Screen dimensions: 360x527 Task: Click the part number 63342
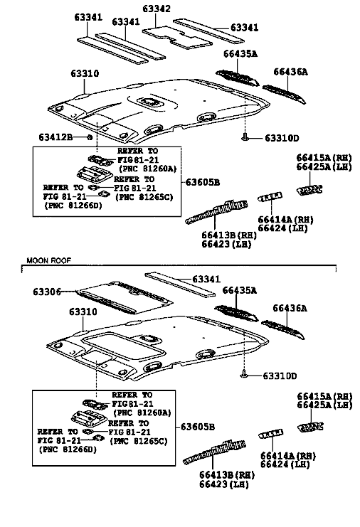click(157, 9)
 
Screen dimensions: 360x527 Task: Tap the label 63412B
click(55, 137)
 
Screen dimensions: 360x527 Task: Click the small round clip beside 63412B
click(90, 137)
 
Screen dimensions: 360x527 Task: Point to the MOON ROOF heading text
click(49, 260)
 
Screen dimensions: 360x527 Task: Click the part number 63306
click(47, 292)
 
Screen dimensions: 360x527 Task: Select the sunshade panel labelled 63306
click(125, 297)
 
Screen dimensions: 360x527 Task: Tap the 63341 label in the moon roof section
click(206, 279)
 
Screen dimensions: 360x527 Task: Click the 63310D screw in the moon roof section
click(244, 373)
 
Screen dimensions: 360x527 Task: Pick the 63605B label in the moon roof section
click(197, 427)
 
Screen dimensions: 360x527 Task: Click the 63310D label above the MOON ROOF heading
click(282, 138)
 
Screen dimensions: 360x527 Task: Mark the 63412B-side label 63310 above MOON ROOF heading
click(85, 73)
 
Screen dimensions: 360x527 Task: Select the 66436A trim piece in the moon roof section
click(283, 329)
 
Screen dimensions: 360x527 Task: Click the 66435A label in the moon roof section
click(239, 290)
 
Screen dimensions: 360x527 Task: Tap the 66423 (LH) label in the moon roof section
click(224, 484)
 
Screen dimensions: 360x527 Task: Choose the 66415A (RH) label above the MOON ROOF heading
click(324, 158)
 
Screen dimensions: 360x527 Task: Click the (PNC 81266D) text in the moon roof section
click(68, 449)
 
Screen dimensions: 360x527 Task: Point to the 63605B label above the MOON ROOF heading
click(202, 182)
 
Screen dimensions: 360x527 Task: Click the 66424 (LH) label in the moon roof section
click(285, 464)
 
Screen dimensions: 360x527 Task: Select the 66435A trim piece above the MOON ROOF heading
click(238, 78)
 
